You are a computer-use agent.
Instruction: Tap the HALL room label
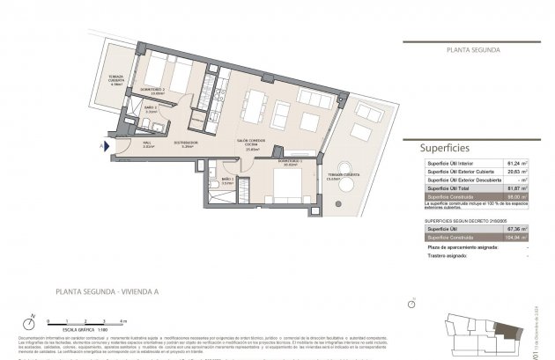[147, 144]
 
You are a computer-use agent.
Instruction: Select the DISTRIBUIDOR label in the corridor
[184, 144]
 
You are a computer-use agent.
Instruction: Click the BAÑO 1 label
[227, 180]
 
